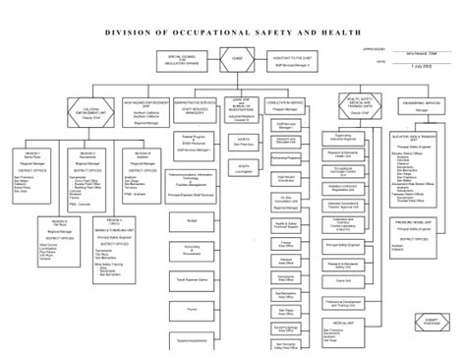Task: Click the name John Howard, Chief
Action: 416,48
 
